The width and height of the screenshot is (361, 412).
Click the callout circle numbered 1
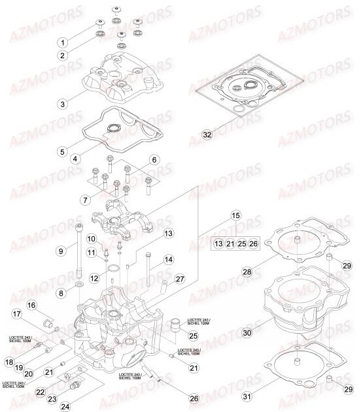tap(63, 42)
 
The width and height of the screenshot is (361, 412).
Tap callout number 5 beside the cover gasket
tap(62, 151)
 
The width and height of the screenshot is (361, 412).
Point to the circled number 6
tap(154, 160)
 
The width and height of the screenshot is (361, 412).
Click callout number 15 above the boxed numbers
tap(235, 215)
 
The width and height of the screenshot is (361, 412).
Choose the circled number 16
tap(31, 306)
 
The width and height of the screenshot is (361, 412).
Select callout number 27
tap(179, 279)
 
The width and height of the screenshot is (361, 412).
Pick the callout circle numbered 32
tap(207, 135)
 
